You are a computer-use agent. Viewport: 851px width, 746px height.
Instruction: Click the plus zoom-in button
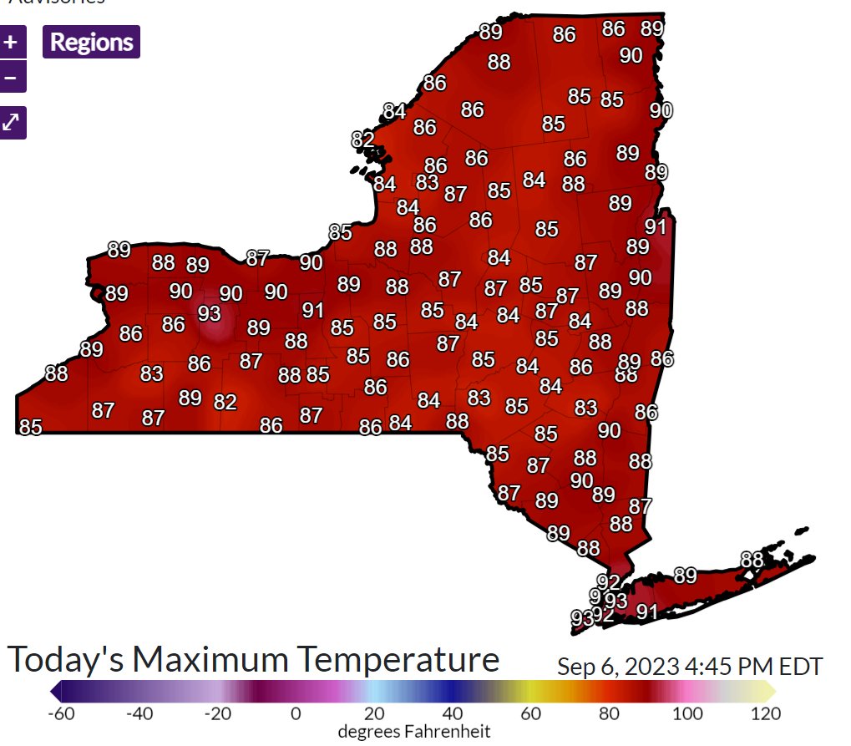[x=11, y=41]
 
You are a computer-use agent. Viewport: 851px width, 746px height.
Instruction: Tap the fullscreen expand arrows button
[x=11, y=122]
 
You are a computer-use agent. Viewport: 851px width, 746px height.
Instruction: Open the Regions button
[x=91, y=42]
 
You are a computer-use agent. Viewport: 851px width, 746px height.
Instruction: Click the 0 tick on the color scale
[x=295, y=714]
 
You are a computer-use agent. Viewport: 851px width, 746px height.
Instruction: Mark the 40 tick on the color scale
[x=453, y=714]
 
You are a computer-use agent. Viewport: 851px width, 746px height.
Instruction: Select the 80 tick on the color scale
[x=609, y=714]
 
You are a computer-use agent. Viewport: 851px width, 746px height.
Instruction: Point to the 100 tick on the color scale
[x=686, y=714]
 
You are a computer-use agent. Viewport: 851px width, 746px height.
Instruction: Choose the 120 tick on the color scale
[x=765, y=714]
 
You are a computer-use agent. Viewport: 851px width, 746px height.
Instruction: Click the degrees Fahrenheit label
[x=413, y=732]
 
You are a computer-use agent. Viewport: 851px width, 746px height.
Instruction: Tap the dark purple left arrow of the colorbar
[x=55, y=691]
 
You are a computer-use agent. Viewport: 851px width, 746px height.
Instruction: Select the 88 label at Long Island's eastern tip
[x=752, y=560]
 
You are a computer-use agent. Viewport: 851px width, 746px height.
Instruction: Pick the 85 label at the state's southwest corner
[x=30, y=427]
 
